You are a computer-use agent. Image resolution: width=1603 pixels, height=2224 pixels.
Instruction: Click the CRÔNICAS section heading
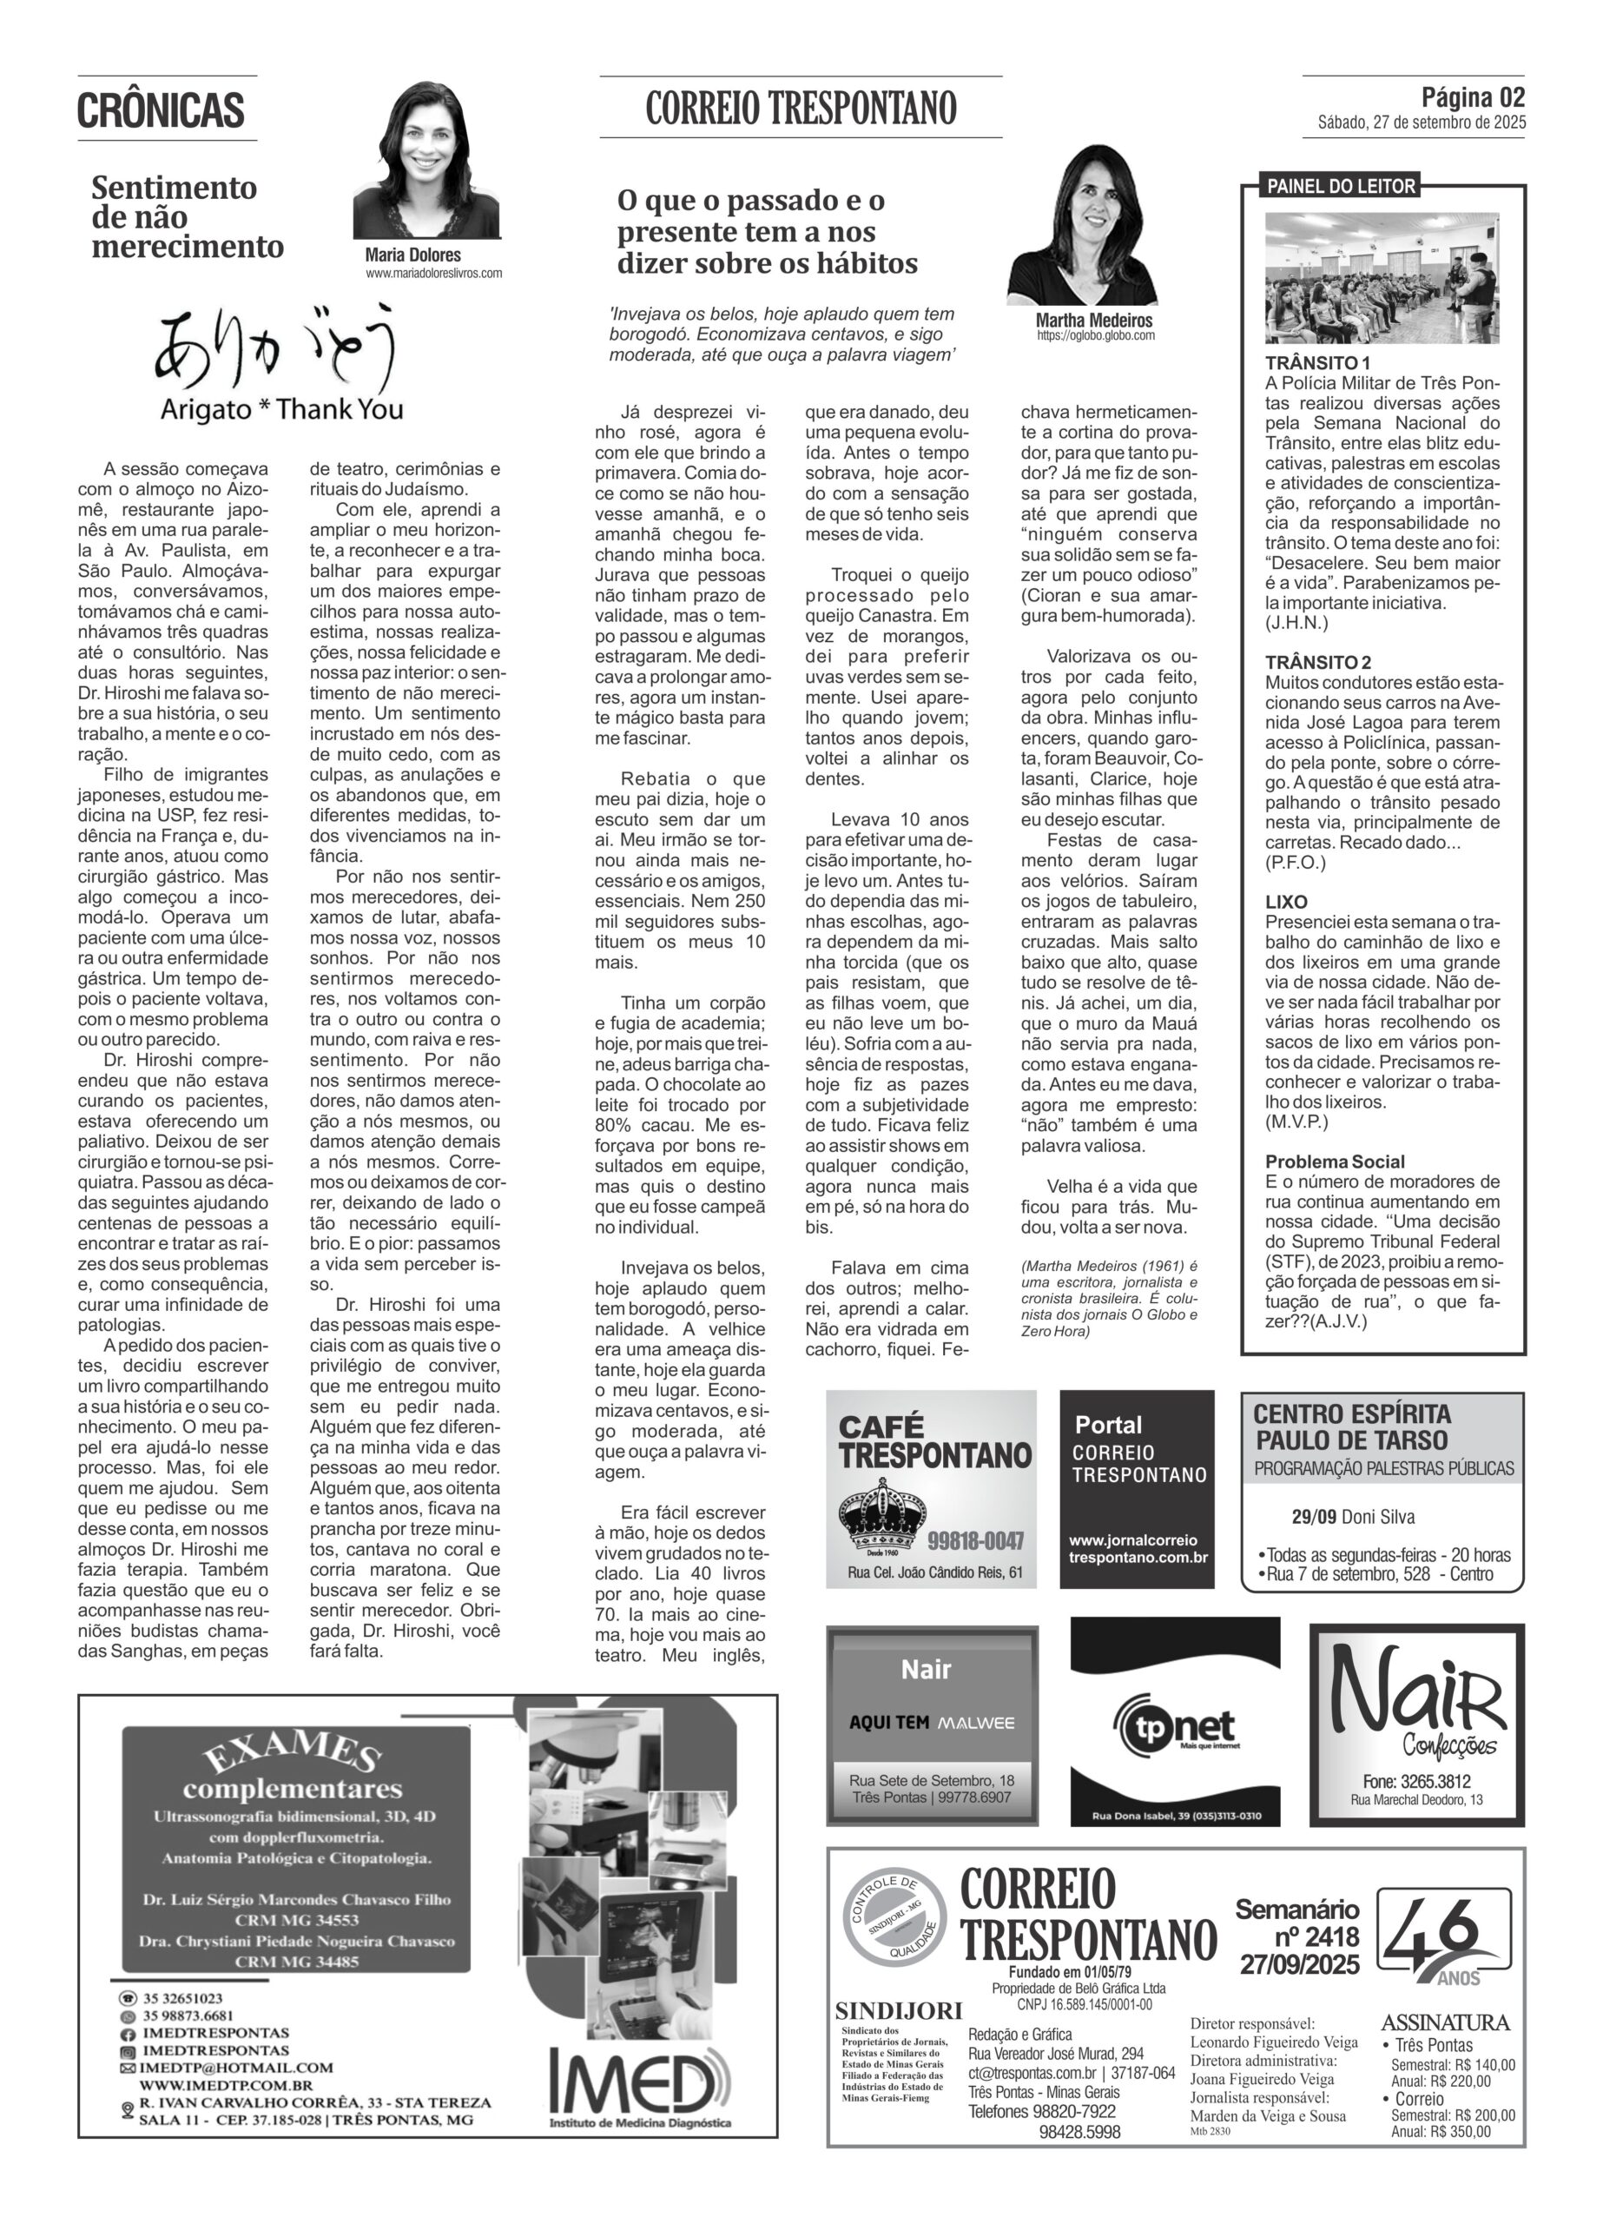[x=161, y=109]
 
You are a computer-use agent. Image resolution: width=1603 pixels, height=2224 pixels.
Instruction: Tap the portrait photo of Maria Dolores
[x=426, y=162]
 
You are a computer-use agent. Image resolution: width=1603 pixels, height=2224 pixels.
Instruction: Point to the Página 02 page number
[x=1473, y=98]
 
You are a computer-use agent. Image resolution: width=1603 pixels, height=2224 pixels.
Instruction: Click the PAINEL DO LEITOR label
[x=1342, y=186]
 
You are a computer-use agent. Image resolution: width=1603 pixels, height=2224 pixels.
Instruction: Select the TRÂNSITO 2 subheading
[x=1317, y=662]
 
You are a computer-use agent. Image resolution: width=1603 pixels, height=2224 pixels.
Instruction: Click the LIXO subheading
[x=1286, y=901]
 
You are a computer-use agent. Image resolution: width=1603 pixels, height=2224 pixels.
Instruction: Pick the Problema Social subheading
[x=1335, y=1161]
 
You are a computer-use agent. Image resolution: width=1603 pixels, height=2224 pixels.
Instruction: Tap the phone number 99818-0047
[x=975, y=1540]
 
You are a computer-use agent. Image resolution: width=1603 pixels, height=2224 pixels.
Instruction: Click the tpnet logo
[x=1176, y=1729]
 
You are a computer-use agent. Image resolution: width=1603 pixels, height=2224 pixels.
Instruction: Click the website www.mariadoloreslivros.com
[x=433, y=274]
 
